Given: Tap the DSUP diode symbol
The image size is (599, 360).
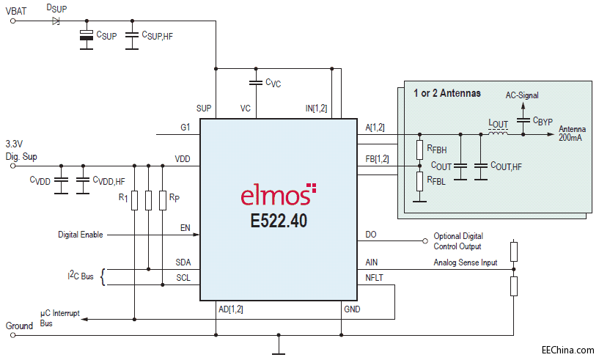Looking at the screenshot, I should tap(56, 21).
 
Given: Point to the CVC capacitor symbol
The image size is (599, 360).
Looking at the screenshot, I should tap(255, 82).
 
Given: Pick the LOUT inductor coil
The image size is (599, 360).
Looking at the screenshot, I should tap(498, 133).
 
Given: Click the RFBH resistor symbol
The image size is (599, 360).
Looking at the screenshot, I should tap(419, 150).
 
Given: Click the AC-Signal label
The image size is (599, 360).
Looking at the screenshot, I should tap(523, 95).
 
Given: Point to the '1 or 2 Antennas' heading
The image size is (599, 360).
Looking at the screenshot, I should tap(447, 93).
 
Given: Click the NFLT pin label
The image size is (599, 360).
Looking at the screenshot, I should tap(374, 276).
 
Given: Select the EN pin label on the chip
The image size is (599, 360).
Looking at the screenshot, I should tap(185, 228).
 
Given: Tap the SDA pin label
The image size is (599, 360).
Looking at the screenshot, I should tap(183, 262).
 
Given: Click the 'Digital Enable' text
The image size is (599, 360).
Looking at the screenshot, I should tap(81, 235).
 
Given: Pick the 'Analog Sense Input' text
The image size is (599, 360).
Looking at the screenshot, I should tap(465, 262).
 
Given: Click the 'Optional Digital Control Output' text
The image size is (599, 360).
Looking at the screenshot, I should tap(458, 241).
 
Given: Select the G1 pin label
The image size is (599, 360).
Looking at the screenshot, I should tap(185, 127).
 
